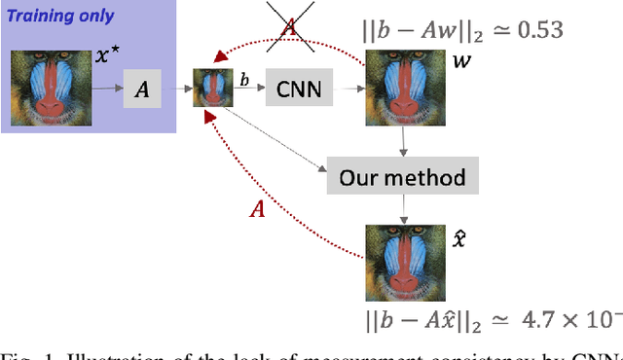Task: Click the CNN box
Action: pos(298,87)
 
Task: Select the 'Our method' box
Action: pos(402,178)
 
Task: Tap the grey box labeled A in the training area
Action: pos(142,91)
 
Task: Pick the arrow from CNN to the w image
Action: pos(347,89)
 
